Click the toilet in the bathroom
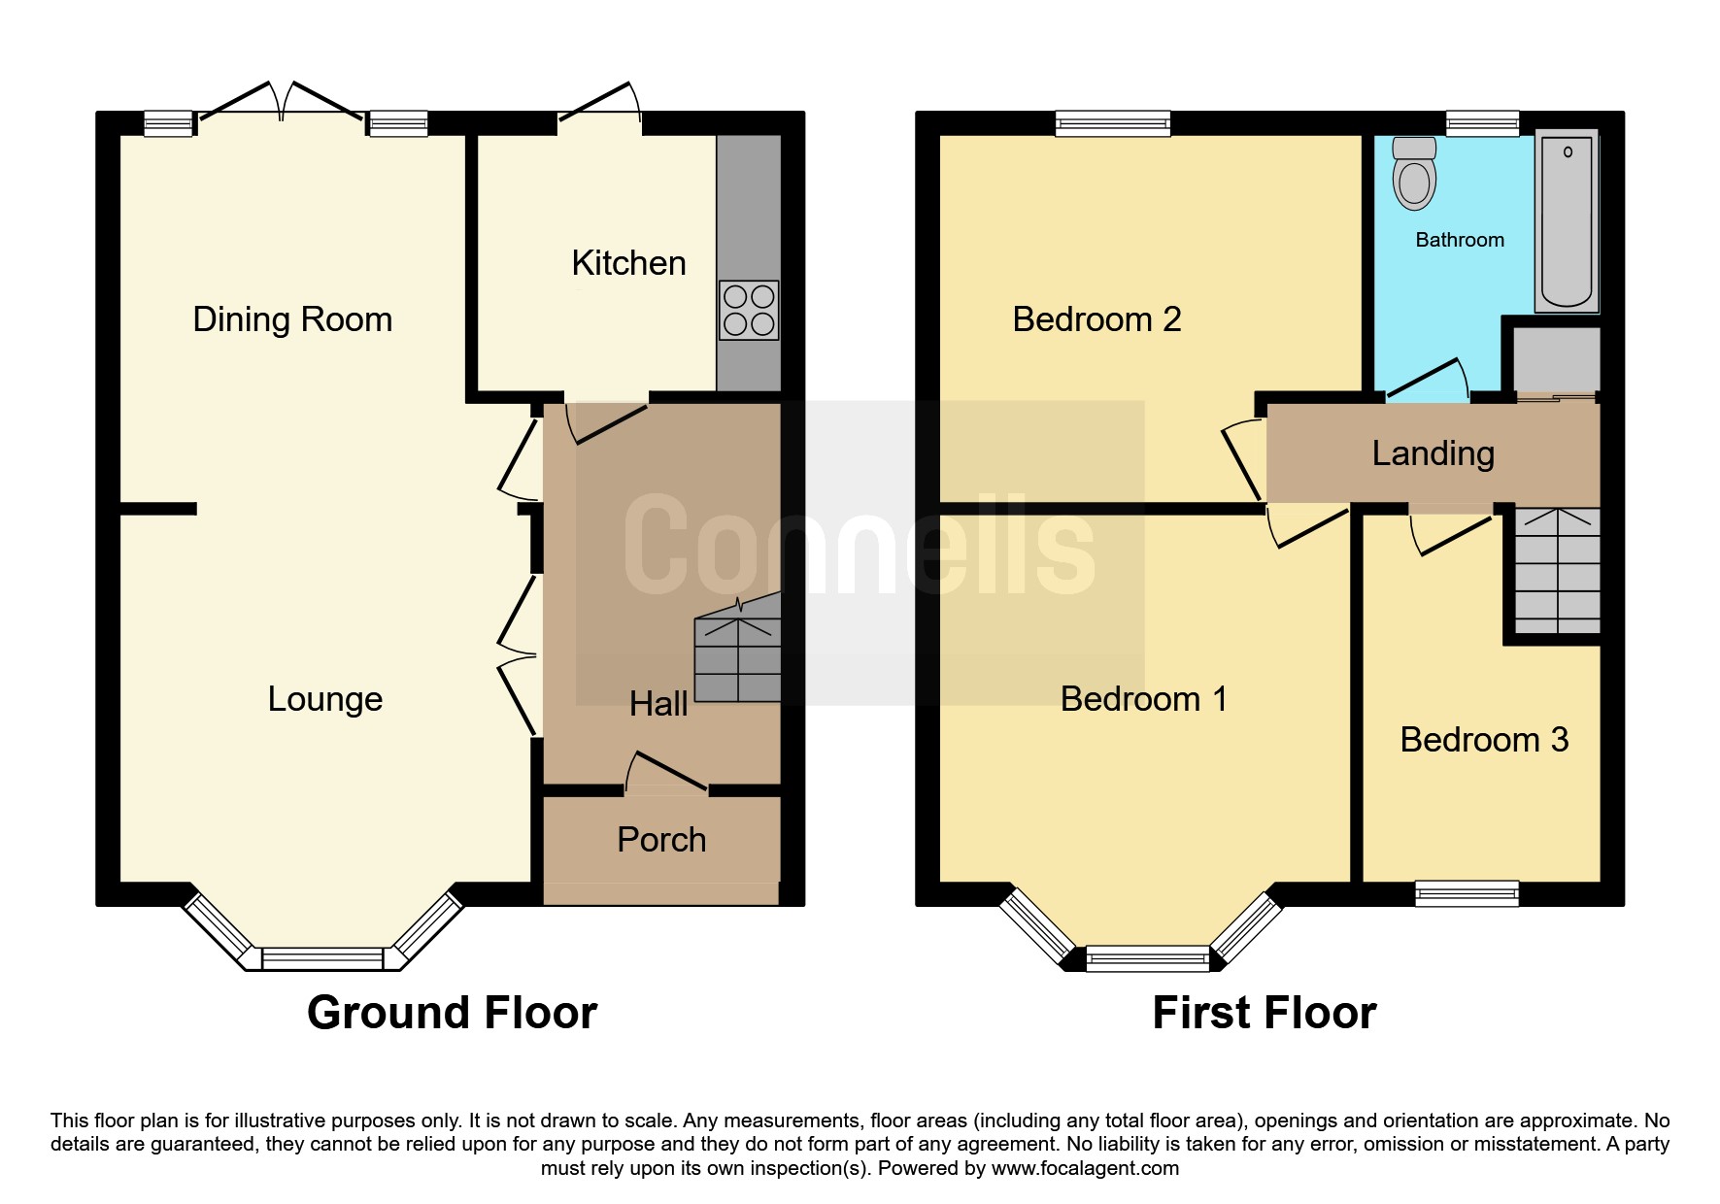(x=1414, y=176)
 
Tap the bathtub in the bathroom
(x=1567, y=221)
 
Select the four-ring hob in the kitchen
(x=749, y=311)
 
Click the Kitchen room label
(x=628, y=263)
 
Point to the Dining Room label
(x=292, y=319)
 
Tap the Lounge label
(x=325, y=699)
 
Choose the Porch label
(x=661, y=840)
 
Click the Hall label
(x=658, y=704)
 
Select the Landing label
(x=1433, y=453)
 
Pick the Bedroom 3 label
(x=1484, y=740)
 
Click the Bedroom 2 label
(x=1096, y=319)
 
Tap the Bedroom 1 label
(x=1143, y=699)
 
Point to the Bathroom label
(x=1459, y=240)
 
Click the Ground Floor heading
(x=452, y=1013)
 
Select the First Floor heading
(x=1264, y=1013)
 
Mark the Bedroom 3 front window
(x=1467, y=892)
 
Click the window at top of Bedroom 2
(x=1113, y=123)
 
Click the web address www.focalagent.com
(x=1085, y=1168)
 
